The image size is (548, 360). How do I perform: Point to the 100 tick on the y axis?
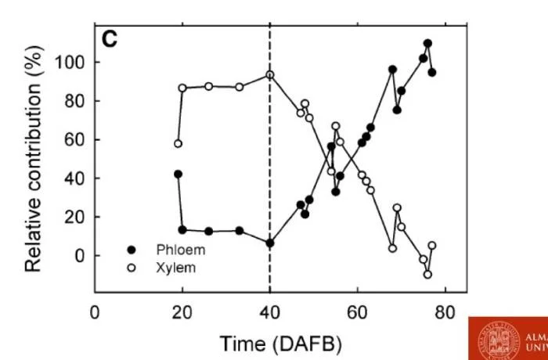69,63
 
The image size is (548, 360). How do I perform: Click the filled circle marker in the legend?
132,250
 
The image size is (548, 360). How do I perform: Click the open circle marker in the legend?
132,268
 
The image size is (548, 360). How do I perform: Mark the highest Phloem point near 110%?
427,44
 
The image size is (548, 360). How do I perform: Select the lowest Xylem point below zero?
427,275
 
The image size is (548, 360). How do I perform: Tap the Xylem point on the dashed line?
270,75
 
